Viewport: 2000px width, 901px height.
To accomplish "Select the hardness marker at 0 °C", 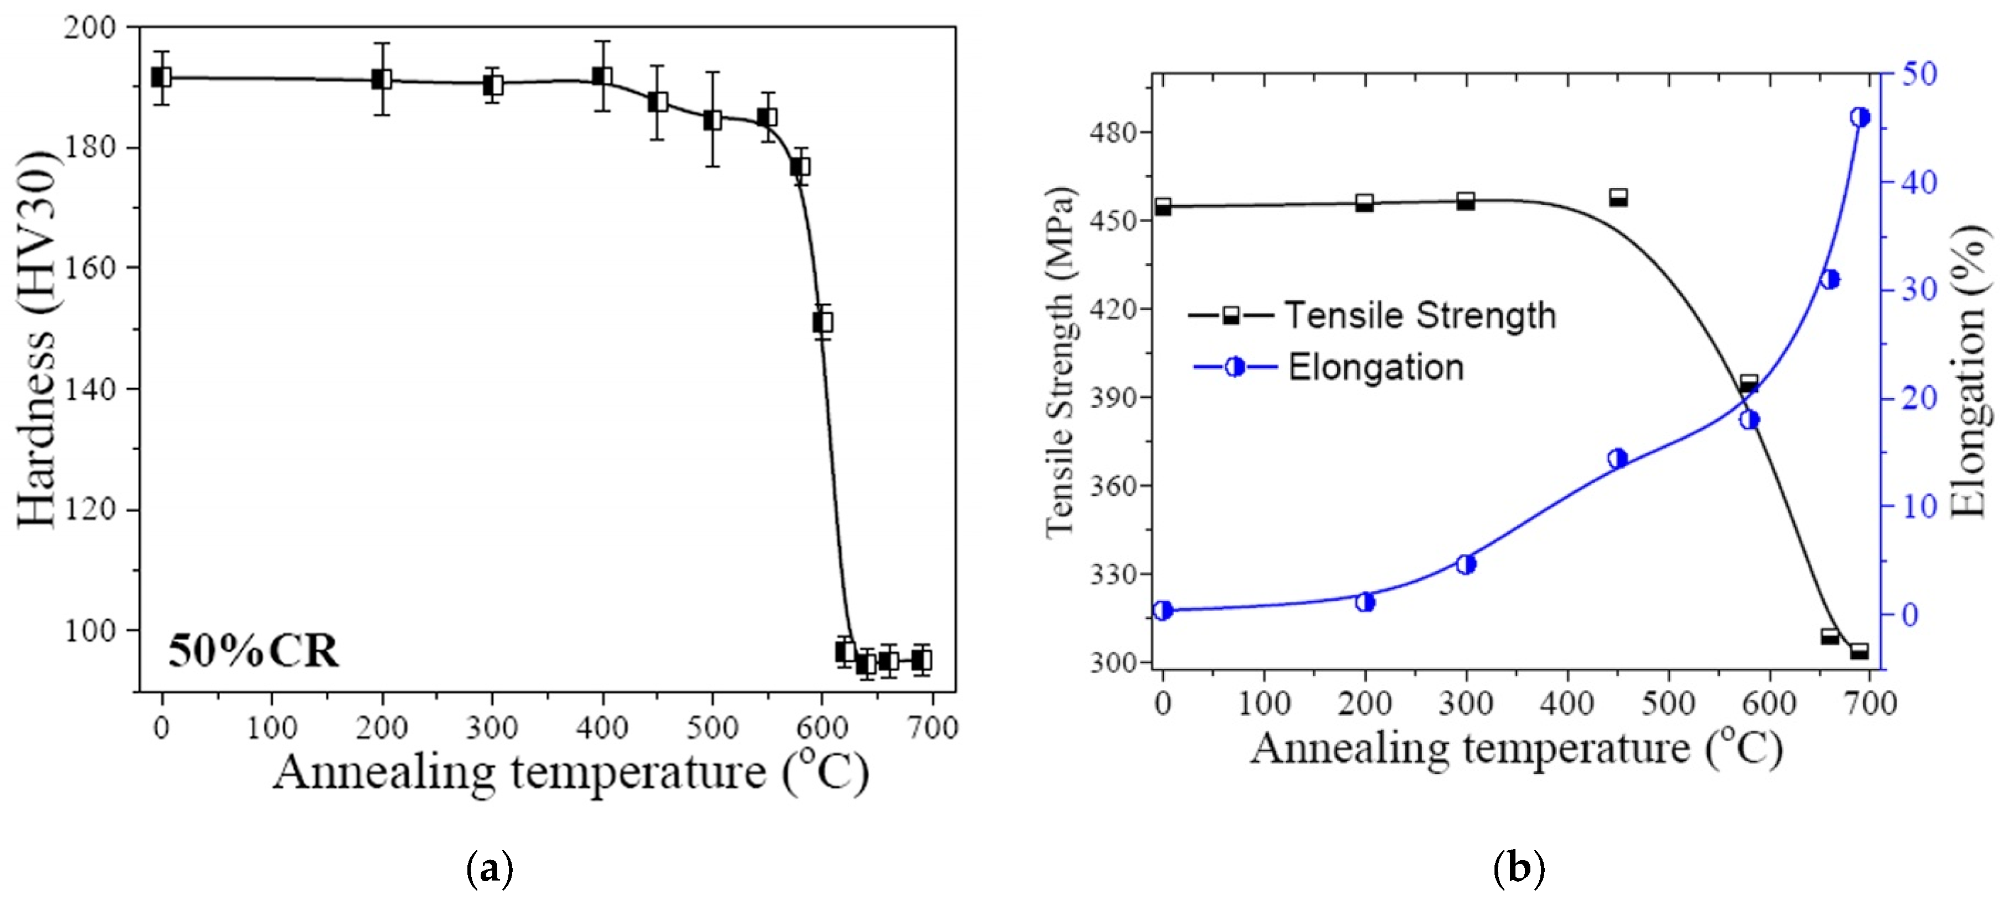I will coord(161,78).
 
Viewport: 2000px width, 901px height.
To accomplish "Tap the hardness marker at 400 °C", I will coord(602,76).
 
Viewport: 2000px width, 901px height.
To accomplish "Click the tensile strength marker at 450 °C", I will coord(1618,197).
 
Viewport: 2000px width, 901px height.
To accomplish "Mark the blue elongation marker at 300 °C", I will coord(1466,565).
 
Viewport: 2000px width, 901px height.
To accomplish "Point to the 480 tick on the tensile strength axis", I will coord(1115,133).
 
